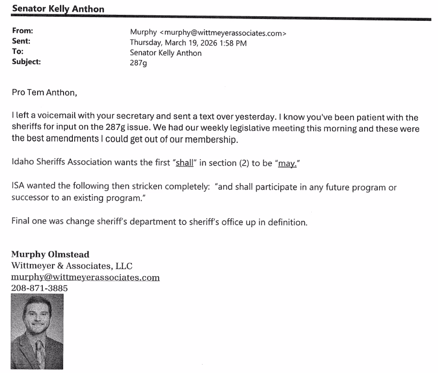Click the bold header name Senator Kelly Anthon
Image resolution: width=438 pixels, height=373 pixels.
click(x=58, y=9)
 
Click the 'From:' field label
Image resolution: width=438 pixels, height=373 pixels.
click(x=22, y=31)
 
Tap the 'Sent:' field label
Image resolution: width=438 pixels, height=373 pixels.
click(x=21, y=41)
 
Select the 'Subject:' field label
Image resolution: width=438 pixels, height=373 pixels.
click(x=26, y=61)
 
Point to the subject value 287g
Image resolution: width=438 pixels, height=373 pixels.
click(x=138, y=63)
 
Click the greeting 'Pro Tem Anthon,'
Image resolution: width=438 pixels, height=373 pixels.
click(x=44, y=93)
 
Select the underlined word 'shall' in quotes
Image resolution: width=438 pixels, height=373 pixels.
click(x=184, y=163)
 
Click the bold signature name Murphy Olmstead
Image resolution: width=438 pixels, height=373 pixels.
click(x=50, y=254)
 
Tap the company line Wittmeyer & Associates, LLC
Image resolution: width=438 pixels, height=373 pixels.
click(x=71, y=266)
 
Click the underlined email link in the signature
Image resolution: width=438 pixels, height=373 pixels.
click(x=85, y=277)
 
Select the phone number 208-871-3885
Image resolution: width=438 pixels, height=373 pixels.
click(x=39, y=288)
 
